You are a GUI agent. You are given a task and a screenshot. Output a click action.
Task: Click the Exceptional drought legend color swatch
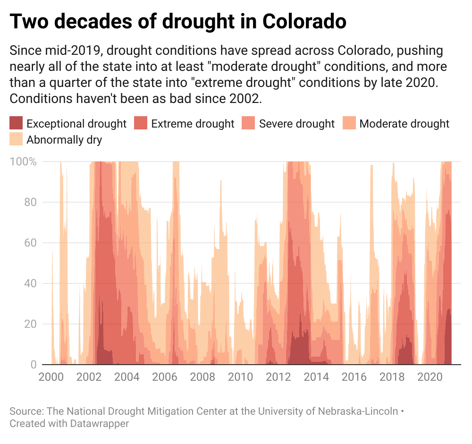pos(16,124)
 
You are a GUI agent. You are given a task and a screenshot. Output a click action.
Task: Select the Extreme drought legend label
pos(193,124)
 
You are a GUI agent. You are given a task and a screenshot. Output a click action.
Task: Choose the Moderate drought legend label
pos(404,124)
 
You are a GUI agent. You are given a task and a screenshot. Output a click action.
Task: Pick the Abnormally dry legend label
pos(64,140)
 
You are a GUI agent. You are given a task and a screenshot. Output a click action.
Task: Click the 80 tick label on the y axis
pos(30,202)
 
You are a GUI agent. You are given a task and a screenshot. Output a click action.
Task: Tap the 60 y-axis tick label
pos(30,243)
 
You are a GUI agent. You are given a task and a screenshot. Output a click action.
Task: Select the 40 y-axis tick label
pos(30,283)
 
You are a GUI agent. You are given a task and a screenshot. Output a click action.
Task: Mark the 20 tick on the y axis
pos(30,324)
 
